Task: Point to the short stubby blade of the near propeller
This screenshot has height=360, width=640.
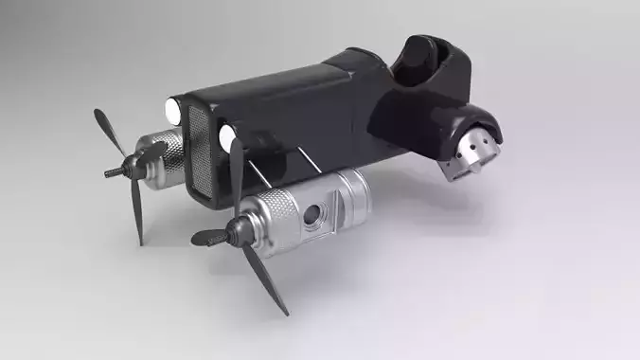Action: pyautogui.click(x=208, y=237)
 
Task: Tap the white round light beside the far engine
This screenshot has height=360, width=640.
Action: pyautogui.click(x=172, y=111)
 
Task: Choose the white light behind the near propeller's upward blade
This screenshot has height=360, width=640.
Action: pyautogui.click(x=227, y=138)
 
